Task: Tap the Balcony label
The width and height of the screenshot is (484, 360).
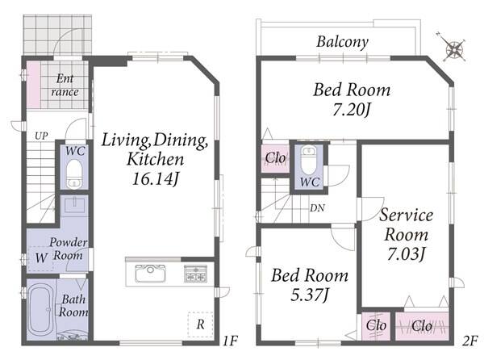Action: click(x=342, y=42)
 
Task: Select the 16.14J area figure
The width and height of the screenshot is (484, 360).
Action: click(x=155, y=178)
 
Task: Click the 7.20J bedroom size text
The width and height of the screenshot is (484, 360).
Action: click(x=351, y=109)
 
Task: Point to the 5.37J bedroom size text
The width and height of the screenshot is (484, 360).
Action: click(x=310, y=295)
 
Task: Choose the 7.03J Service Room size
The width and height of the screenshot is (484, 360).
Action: click(x=407, y=254)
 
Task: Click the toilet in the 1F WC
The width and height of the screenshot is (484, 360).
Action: click(x=74, y=174)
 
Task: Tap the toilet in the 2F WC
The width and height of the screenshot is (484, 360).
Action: click(x=309, y=161)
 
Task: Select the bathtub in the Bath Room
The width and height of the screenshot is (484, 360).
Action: click(x=40, y=309)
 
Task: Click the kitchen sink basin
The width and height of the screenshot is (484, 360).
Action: click(x=150, y=274)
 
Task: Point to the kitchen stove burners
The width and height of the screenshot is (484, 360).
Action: click(x=195, y=274)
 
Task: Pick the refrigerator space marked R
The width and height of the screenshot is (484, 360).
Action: click(x=200, y=324)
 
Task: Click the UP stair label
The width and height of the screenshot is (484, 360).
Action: click(x=41, y=136)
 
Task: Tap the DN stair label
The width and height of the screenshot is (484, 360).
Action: click(x=317, y=208)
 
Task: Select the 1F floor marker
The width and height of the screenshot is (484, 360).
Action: click(x=230, y=341)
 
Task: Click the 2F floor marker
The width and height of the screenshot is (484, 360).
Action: click(x=470, y=341)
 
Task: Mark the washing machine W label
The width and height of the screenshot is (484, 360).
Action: click(x=41, y=257)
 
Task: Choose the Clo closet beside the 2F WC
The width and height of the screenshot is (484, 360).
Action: click(x=275, y=158)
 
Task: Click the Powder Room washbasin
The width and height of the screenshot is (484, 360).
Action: click(x=74, y=205)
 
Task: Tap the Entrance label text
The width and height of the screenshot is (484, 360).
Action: click(x=65, y=86)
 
